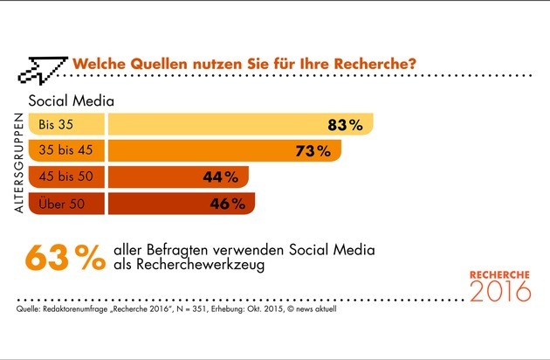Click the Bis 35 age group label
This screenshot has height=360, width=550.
[x=54, y=125]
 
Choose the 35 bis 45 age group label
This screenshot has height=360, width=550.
[x=65, y=151]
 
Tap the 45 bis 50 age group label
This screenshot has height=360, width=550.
[x=65, y=177]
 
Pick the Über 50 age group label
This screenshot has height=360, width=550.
[x=62, y=203]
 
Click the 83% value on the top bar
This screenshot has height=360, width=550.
[x=344, y=125]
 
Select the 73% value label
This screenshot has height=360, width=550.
[x=313, y=151]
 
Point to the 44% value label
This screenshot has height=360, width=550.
[x=220, y=177]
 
